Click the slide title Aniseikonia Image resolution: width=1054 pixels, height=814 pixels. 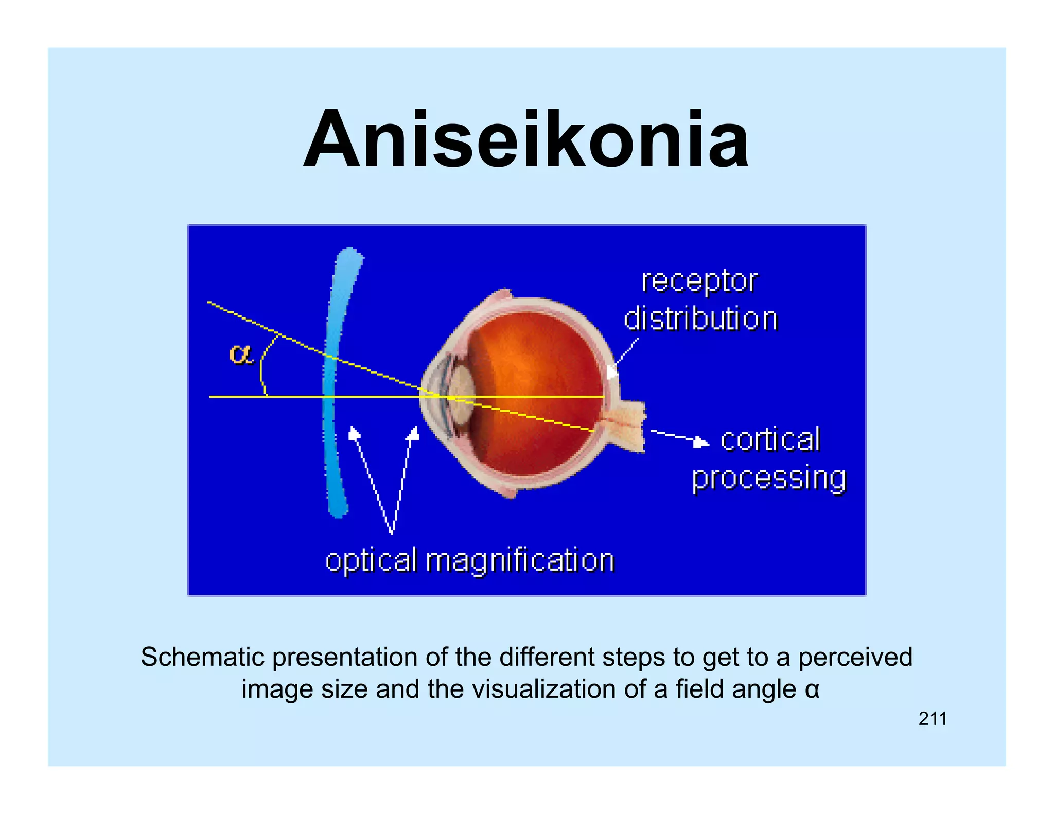(x=526, y=140)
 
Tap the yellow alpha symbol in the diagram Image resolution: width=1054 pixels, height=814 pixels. (x=240, y=355)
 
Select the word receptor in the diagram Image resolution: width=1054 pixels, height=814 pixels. (x=699, y=282)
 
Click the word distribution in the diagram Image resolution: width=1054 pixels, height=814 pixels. (x=700, y=319)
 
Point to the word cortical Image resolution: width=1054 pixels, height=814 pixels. (x=770, y=440)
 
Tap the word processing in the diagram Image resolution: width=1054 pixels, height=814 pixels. (x=769, y=479)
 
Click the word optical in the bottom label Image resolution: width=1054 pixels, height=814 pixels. (x=371, y=561)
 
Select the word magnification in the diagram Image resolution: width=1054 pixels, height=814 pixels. (x=520, y=561)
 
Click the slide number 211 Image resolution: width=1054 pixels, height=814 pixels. (x=933, y=719)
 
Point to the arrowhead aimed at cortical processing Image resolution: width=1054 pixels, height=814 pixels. (x=701, y=442)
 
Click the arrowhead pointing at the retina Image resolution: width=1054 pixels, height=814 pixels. (x=611, y=371)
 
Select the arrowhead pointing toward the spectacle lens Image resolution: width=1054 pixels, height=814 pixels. (x=353, y=434)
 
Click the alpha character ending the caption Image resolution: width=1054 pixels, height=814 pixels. (x=812, y=690)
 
